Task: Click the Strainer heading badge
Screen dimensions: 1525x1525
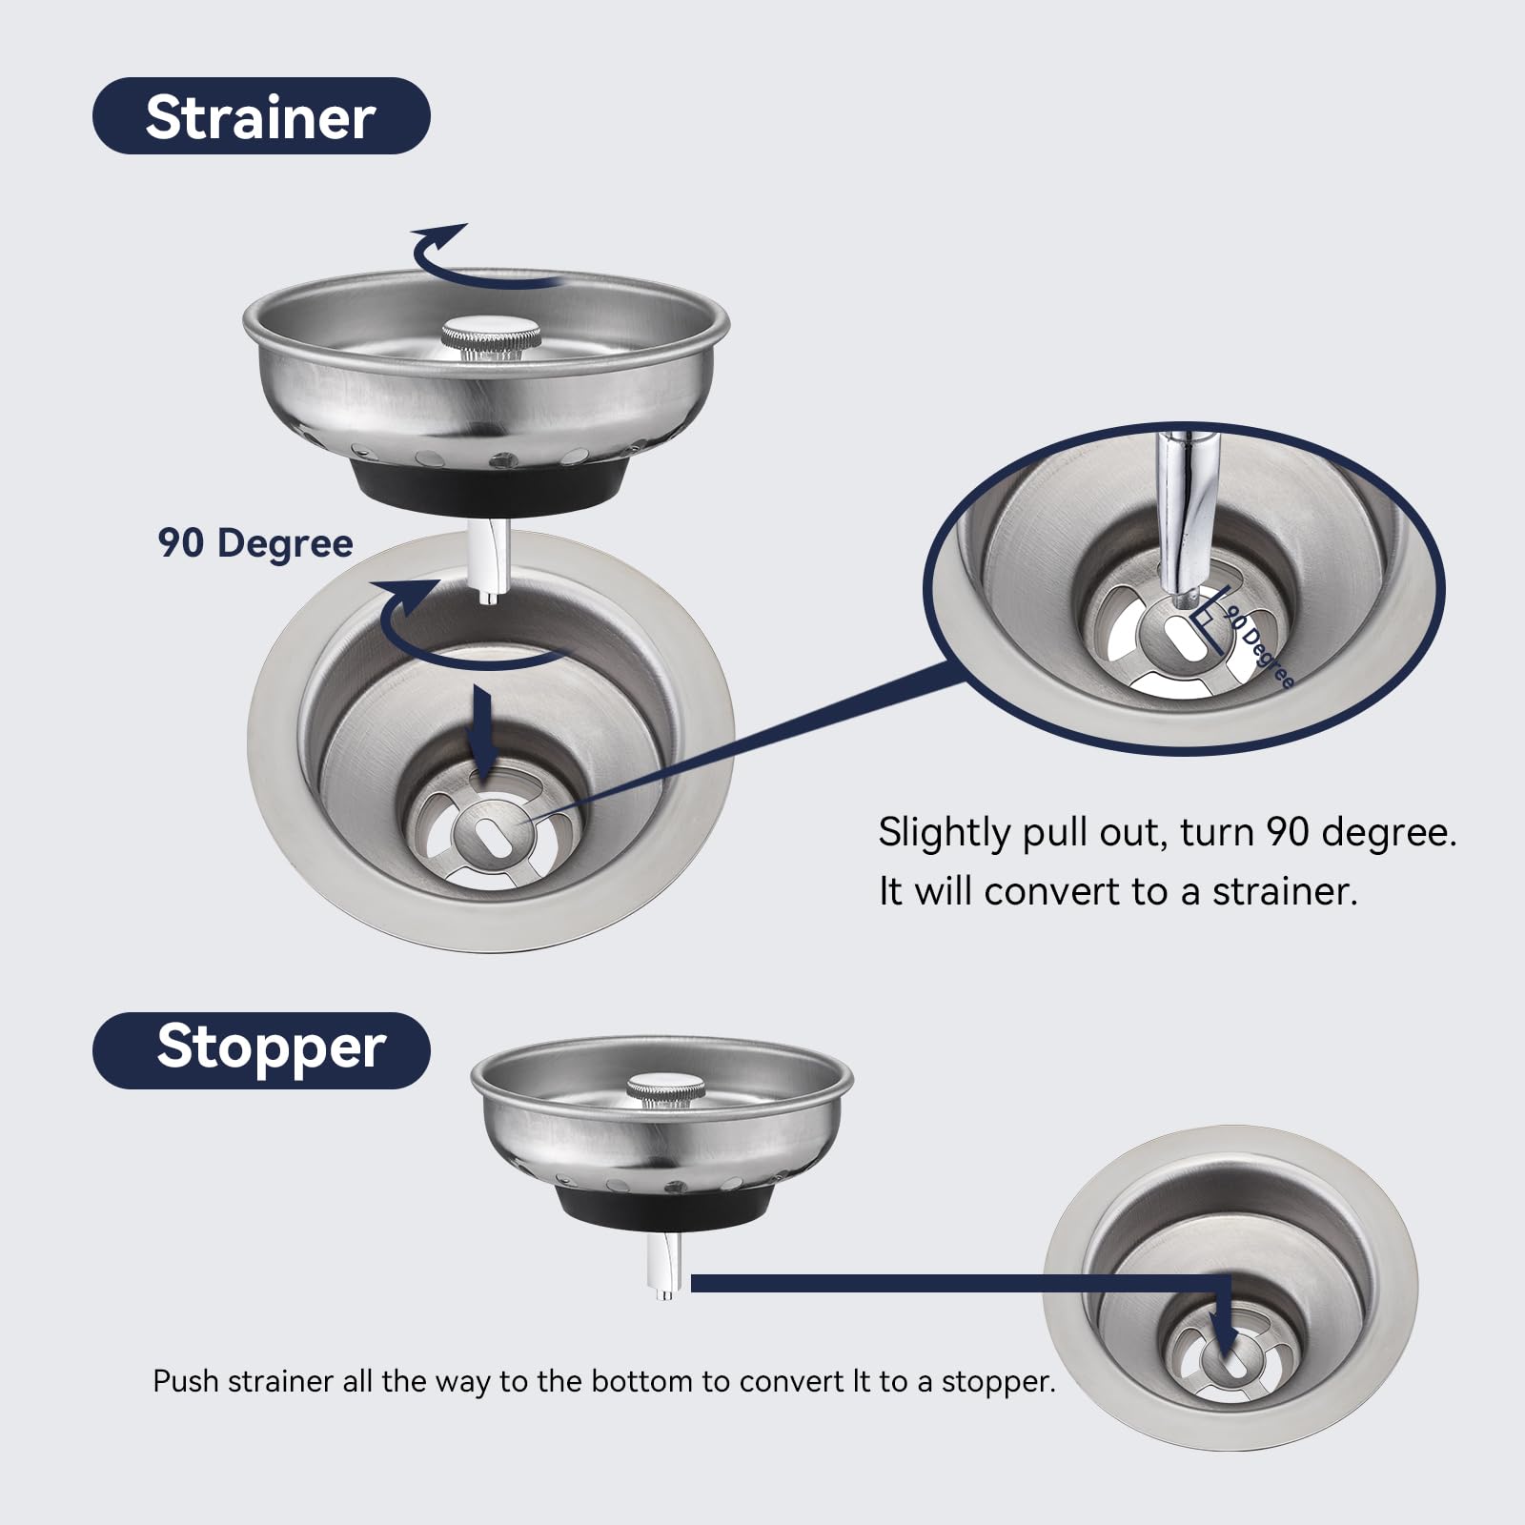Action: click(x=260, y=116)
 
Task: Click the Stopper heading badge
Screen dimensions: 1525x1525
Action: click(x=260, y=1049)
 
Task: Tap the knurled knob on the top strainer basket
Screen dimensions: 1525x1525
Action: click(x=491, y=336)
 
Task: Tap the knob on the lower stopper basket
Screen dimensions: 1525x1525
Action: click(x=665, y=1090)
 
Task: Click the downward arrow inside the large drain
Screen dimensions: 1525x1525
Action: click(x=484, y=734)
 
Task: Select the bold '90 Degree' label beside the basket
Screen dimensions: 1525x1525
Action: click(x=255, y=543)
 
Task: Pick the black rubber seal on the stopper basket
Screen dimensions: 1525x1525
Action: click(x=661, y=1210)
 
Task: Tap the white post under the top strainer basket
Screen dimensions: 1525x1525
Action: click(x=490, y=562)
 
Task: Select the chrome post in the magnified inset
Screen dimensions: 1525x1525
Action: click(x=1182, y=515)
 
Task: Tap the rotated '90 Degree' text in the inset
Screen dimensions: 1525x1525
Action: click(x=1260, y=645)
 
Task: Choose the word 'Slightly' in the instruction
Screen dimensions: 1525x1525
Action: click(x=944, y=833)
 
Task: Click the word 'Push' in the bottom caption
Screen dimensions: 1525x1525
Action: click(x=185, y=1381)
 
